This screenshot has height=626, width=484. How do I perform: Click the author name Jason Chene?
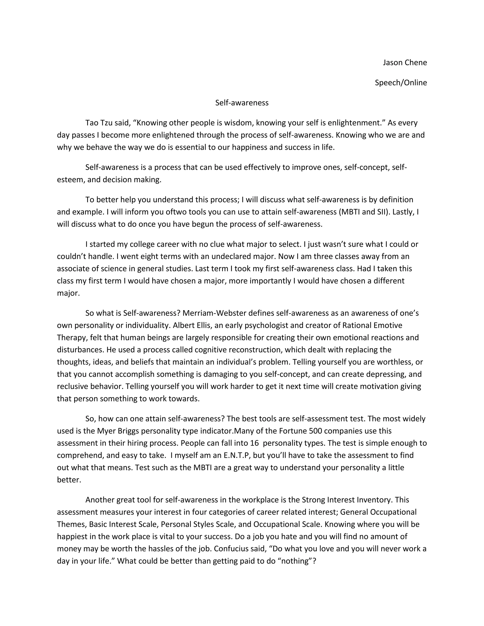[405, 63]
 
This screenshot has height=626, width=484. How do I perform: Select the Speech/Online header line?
[401, 82]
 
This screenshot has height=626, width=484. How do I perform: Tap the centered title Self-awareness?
[242, 103]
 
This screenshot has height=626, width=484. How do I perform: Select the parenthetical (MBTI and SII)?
[364, 212]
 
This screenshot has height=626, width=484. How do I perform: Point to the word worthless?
[394, 362]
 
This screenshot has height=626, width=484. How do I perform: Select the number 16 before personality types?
[254, 443]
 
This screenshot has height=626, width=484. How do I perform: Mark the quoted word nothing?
[295, 561]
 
